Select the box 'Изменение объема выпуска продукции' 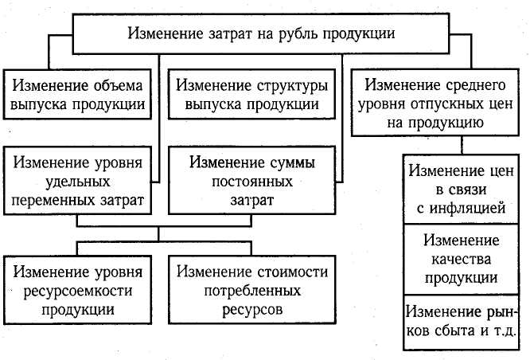coord(76,94)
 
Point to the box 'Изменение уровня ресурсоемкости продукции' coord(78,290)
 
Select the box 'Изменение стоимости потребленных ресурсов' coord(252,290)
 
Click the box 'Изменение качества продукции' coord(462,259)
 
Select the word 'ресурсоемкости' coord(78,290)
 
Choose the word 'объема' coord(115,84)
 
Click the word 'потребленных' coord(252,290)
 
